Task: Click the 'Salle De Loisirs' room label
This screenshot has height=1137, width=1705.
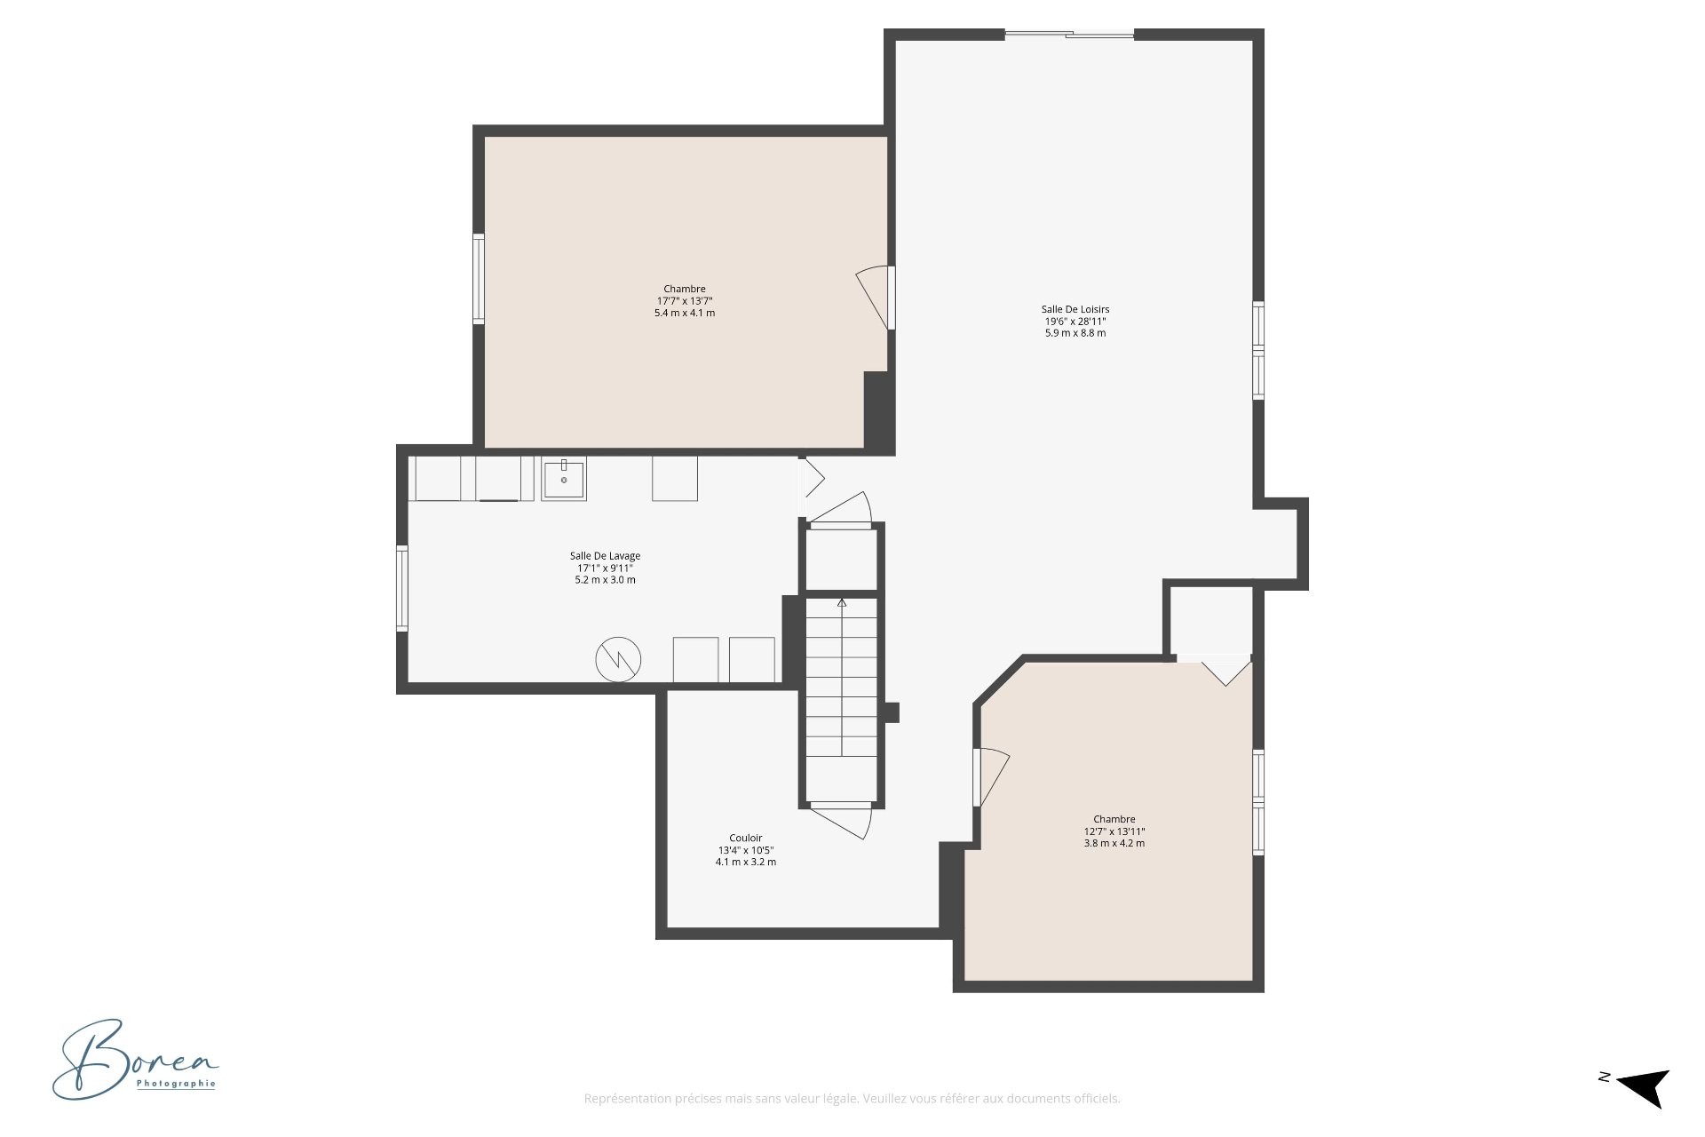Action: (x=1075, y=310)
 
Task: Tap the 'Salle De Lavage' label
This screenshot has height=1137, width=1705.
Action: (x=605, y=556)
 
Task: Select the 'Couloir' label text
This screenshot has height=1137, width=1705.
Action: (x=745, y=838)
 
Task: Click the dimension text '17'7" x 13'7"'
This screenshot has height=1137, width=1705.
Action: (x=684, y=301)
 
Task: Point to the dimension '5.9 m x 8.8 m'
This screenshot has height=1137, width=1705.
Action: (x=1075, y=333)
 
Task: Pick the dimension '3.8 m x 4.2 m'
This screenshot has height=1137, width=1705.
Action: (x=1114, y=843)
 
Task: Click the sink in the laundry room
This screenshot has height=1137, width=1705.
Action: (x=564, y=479)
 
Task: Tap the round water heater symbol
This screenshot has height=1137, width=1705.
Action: (x=618, y=659)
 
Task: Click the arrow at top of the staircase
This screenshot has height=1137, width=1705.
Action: (x=842, y=603)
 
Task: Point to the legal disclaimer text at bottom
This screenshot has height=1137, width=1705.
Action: (x=852, y=1099)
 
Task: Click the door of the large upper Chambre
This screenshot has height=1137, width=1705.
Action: (x=875, y=298)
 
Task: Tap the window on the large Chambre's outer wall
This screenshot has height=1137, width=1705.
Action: (x=478, y=278)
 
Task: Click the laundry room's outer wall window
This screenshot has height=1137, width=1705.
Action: (x=401, y=589)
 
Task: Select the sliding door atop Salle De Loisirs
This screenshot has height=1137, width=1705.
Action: (x=1069, y=35)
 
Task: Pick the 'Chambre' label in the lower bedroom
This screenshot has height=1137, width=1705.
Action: (x=1114, y=819)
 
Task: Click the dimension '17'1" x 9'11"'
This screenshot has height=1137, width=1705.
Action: (x=605, y=568)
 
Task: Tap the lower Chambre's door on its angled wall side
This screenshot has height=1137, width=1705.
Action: (x=991, y=777)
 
